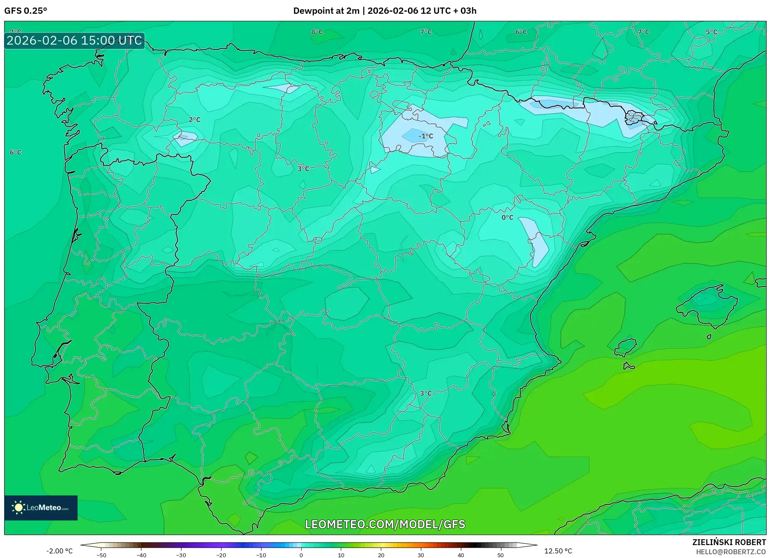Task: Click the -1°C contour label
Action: (426, 136)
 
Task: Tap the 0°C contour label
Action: (507, 217)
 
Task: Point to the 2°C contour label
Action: (194, 120)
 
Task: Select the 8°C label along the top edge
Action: (317, 32)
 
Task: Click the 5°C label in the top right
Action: (711, 32)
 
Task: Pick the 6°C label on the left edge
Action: (15, 152)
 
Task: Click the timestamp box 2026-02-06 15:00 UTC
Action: (74, 40)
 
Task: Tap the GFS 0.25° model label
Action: (25, 11)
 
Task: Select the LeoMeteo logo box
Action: (41, 508)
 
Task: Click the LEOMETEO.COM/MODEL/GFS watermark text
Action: (385, 524)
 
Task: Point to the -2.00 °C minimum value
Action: (59, 551)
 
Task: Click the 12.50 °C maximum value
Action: (558, 551)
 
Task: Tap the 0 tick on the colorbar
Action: (301, 555)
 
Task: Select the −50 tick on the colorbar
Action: (101, 555)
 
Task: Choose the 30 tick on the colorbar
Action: (421, 555)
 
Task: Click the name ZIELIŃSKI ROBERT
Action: (729, 542)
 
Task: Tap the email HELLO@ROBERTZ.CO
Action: (730, 552)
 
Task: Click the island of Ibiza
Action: (626, 347)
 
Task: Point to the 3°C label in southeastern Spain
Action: (425, 393)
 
